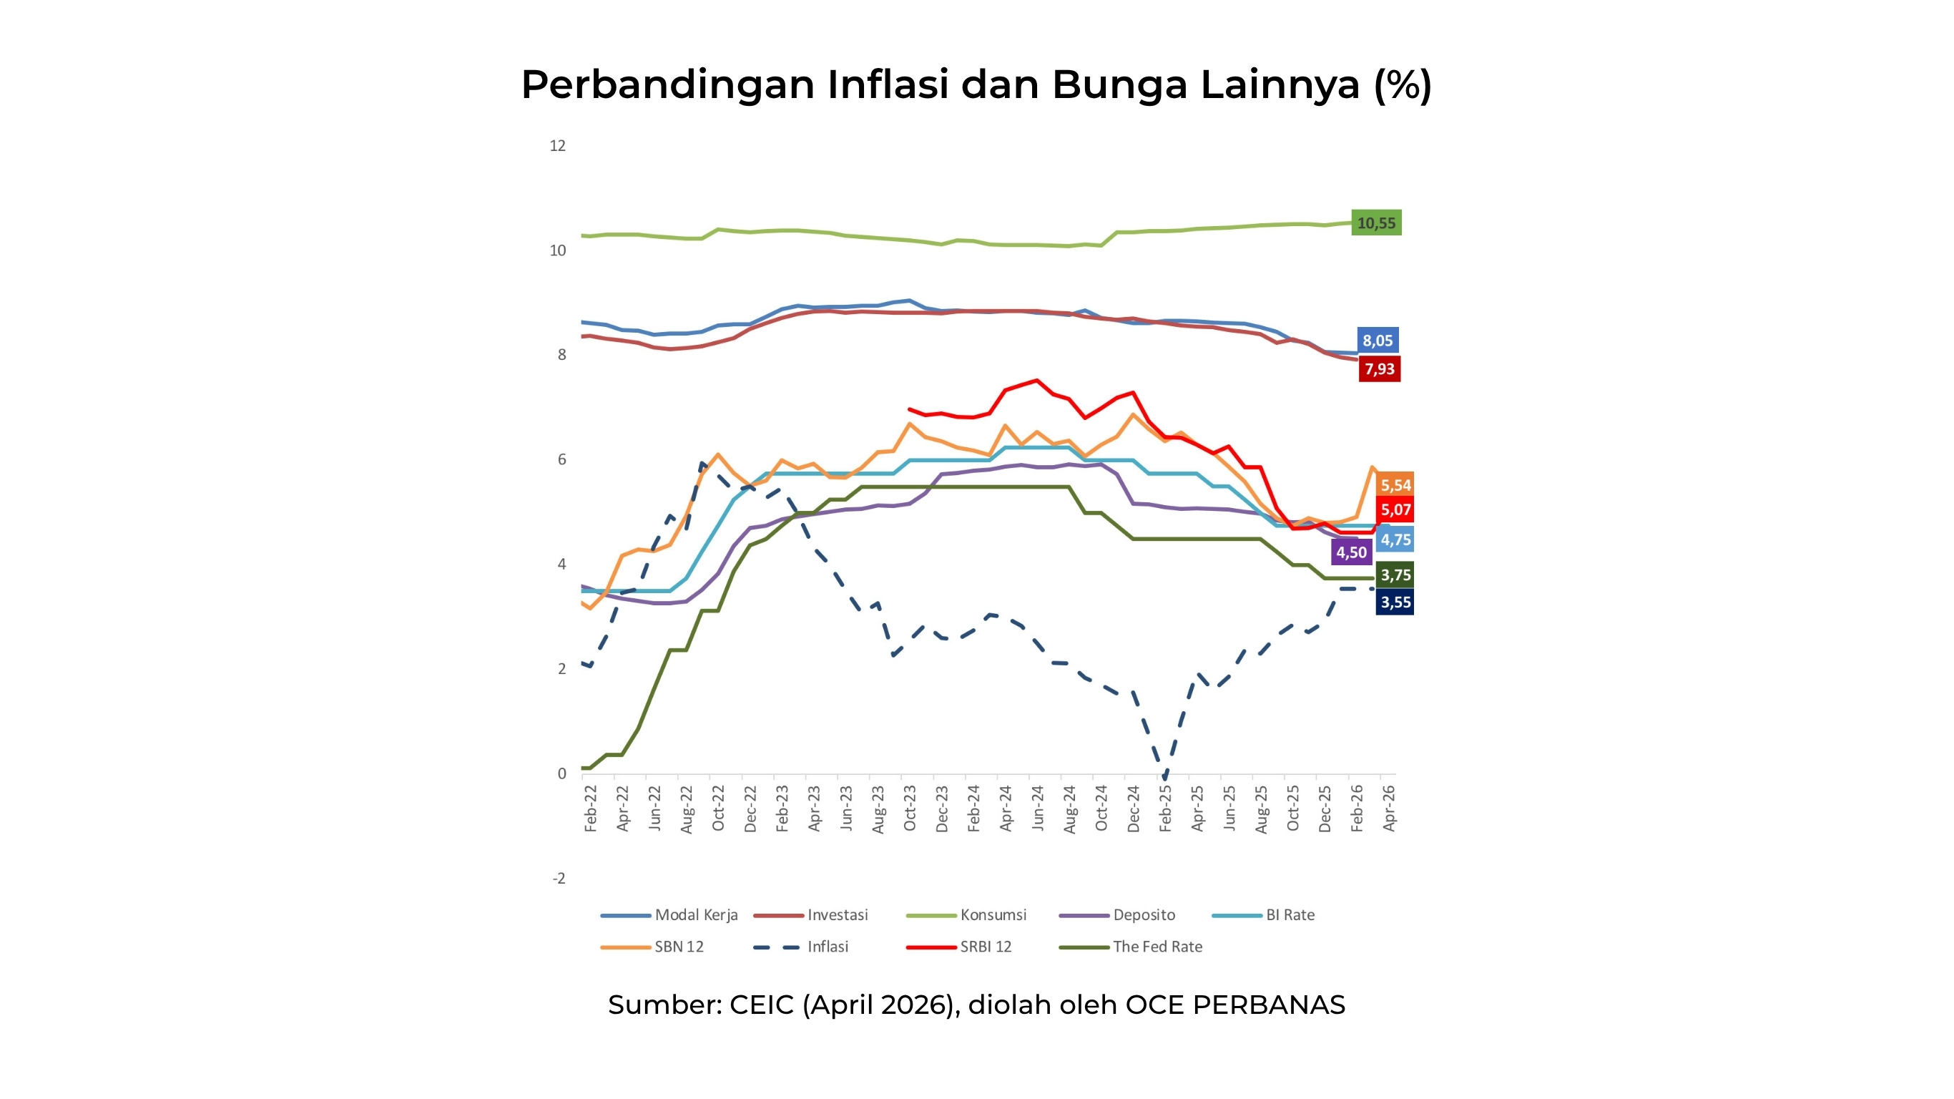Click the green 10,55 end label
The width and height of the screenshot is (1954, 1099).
1376,223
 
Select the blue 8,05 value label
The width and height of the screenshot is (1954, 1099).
1378,340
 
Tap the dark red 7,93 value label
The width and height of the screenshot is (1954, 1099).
1379,369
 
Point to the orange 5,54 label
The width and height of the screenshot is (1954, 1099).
1395,485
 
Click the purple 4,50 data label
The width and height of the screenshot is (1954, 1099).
1351,552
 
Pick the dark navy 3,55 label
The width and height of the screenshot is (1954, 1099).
1395,602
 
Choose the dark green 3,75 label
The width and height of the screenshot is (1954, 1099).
1395,575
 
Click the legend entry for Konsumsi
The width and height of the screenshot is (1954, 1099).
992,914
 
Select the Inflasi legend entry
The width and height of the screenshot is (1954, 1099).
827,947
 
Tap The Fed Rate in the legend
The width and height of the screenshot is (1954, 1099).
1157,947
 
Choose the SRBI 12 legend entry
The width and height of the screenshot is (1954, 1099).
986,947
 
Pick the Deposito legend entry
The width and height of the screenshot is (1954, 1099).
1143,914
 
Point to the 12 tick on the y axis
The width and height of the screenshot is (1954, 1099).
558,146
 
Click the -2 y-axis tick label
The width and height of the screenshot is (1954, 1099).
559,878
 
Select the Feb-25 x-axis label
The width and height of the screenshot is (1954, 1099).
1165,809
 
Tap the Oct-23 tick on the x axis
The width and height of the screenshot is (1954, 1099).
910,809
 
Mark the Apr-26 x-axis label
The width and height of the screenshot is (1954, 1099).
1389,809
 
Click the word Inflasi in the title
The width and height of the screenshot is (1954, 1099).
888,84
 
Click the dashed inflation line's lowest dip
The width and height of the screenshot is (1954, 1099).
1164,776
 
